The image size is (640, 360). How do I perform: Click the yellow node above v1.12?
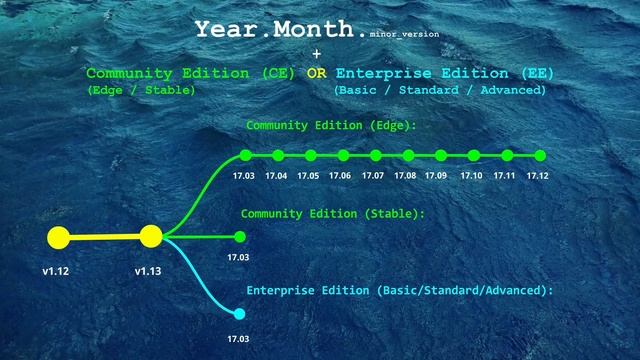coord(58,238)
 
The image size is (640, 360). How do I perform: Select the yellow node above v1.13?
coord(151,237)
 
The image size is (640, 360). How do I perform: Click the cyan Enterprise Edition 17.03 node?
coord(239,314)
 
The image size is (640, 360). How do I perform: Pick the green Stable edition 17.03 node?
coord(239,237)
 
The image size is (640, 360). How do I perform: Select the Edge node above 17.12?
coord(540,155)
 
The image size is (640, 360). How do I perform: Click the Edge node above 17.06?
coord(343,155)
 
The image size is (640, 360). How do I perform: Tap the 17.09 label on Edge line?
coord(436,176)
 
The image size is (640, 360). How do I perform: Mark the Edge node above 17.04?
coord(278,155)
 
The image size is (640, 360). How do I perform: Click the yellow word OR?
coord(316,74)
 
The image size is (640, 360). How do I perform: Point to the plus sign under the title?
coord(317,53)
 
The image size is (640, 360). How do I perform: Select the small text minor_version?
coord(404,34)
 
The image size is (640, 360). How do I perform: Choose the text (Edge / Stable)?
coord(141,90)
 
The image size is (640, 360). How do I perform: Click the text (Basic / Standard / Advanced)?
coord(440,90)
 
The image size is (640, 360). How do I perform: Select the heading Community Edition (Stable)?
coord(333,213)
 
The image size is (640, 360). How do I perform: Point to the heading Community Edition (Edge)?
coord(331,126)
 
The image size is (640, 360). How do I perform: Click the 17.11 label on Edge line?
coord(504,176)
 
